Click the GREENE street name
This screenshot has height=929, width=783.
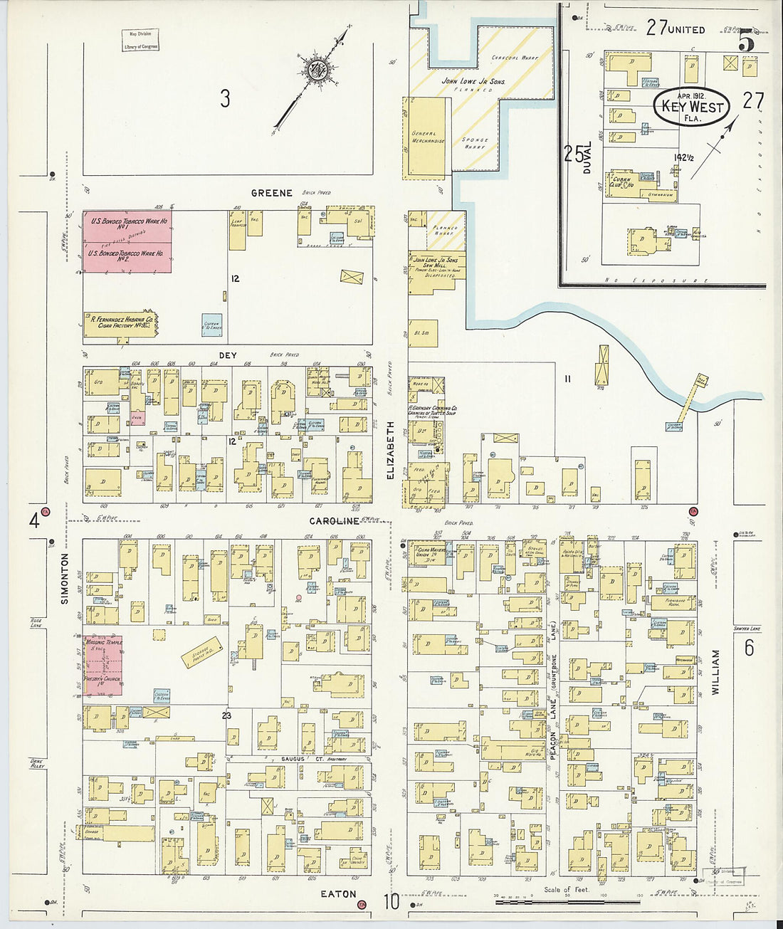(271, 193)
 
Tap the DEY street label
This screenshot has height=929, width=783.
(228, 355)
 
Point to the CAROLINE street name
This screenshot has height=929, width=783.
(335, 521)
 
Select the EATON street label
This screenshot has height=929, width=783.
(337, 893)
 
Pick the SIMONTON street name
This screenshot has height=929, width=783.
(65, 579)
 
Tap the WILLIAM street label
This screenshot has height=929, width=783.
(715, 672)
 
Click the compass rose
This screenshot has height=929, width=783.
(315, 69)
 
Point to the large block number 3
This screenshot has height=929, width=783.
(225, 98)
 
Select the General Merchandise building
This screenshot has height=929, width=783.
(427, 137)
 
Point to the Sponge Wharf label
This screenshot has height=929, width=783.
(474, 143)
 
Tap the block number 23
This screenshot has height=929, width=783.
(226, 715)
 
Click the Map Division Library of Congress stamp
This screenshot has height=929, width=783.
(140, 40)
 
